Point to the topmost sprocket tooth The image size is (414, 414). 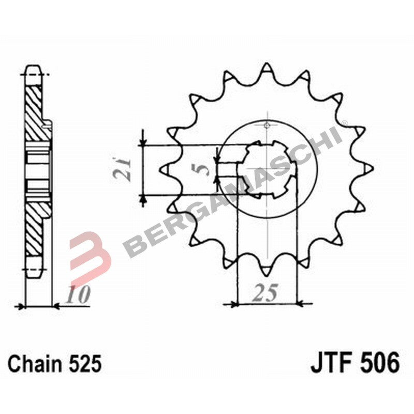[266, 67]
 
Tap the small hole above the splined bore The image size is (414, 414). [267, 125]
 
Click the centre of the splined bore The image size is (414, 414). [266, 169]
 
